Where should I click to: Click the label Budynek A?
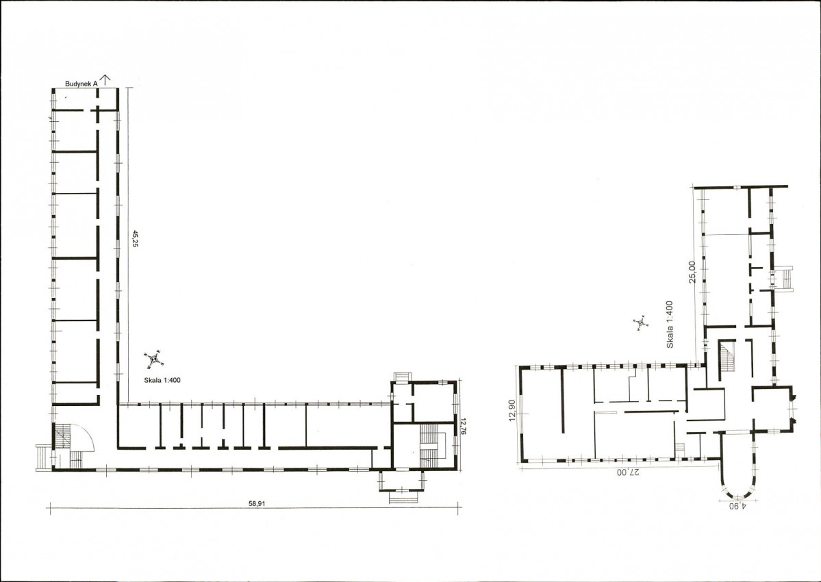[81, 84]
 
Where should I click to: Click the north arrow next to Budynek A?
[106, 80]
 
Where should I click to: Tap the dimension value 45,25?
[135, 238]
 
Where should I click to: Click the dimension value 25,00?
[693, 272]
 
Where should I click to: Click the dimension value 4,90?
[737, 506]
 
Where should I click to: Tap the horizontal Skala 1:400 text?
[162, 380]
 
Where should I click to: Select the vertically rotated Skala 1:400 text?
[670, 325]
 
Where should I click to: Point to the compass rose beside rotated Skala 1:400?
[640, 323]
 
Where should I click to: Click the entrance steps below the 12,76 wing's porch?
[403, 496]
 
